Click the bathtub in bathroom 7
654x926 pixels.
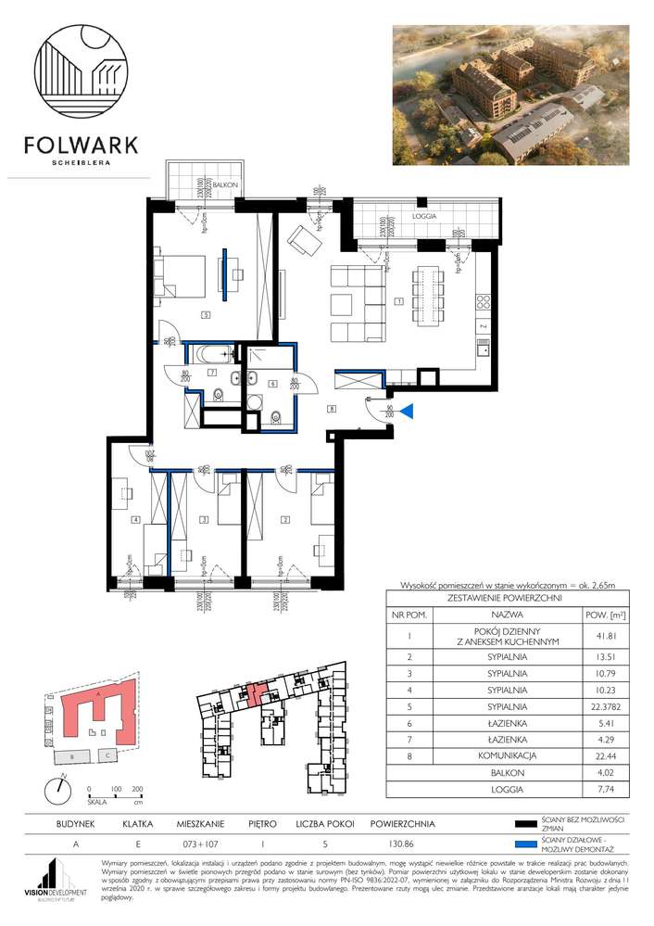[x=213, y=353]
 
